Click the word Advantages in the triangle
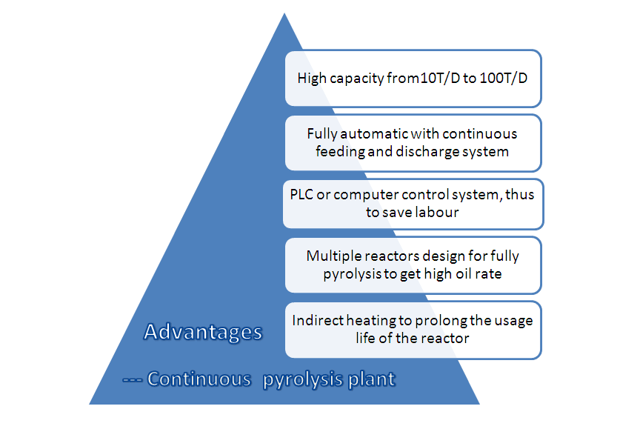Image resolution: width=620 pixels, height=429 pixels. pyautogui.click(x=203, y=331)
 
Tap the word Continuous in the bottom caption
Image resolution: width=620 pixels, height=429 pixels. pyautogui.click(x=199, y=379)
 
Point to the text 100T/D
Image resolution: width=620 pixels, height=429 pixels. pyautogui.click(x=504, y=79)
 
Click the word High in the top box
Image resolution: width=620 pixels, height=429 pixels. pyautogui.click(x=312, y=79)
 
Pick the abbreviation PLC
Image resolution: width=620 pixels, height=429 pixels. pyautogui.click(x=301, y=195)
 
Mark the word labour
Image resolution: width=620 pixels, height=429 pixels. pyautogui.click(x=437, y=213)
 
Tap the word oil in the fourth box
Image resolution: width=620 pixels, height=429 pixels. pyautogui.click(x=464, y=273)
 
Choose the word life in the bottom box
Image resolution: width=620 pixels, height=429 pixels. pyautogui.click(x=365, y=338)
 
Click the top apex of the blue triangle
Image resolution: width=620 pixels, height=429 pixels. pyautogui.click(x=284, y=13)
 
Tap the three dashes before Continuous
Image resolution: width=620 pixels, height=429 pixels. pyautogui.click(x=132, y=380)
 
